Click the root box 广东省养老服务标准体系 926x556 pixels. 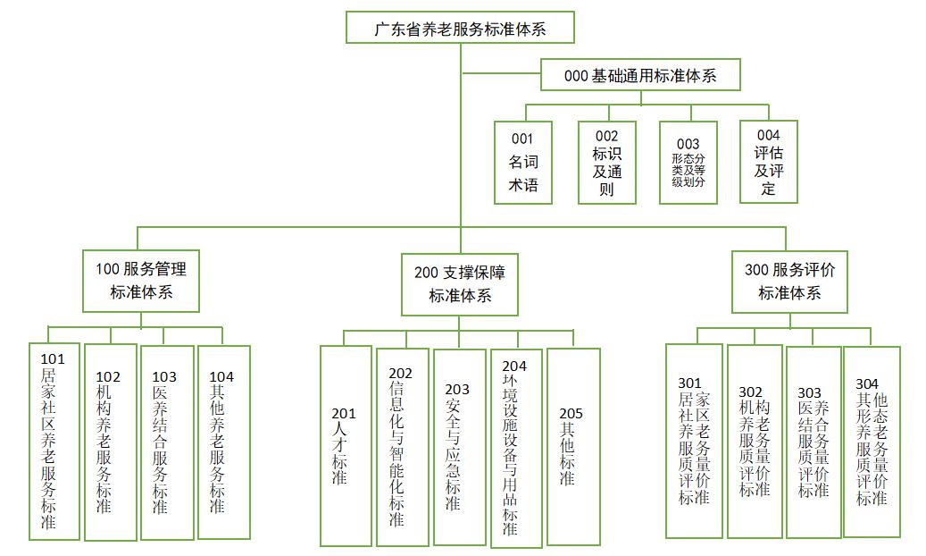point(460,29)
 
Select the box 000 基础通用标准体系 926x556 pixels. point(640,76)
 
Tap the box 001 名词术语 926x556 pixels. point(523,162)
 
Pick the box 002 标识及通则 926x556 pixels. point(606,162)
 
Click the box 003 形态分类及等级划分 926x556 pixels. point(688,162)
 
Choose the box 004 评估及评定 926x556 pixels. point(768,162)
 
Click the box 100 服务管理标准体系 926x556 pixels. point(141,280)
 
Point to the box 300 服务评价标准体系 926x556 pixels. point(789,281)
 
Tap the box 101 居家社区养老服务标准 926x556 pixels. point(54,442)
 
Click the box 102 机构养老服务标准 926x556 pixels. point(111,442)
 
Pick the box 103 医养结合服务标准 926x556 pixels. point(167,442)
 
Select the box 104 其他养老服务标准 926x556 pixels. point(223,442)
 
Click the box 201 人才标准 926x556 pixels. point(346,445)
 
